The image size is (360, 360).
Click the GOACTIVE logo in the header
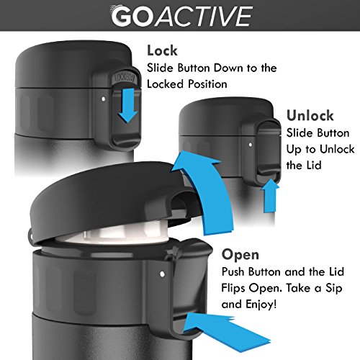(181, 16)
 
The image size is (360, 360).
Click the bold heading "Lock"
(162, 50)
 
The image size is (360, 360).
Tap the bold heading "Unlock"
(310, 115)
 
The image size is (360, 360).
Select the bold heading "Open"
(240, 255)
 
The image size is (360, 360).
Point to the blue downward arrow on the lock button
(127, 105)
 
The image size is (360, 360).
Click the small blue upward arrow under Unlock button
(270, 196)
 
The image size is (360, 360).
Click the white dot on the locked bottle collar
(104, 99)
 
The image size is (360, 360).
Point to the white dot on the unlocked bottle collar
(251, 145)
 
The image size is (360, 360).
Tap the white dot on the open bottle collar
(162, 274)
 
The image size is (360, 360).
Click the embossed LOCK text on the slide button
(125, 78)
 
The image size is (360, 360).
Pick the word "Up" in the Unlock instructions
(294, 150)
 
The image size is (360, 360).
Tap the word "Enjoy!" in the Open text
(261, 305)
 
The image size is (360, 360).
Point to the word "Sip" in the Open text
(333, 288)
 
